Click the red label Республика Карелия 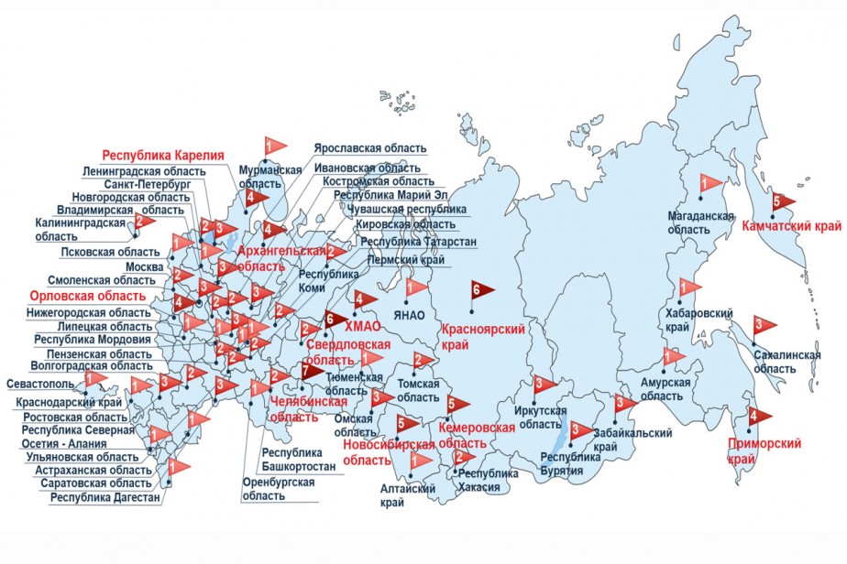163,155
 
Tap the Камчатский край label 791,225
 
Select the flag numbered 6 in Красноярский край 480,291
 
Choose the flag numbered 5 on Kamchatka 782,201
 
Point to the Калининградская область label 80,229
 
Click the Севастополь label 42,383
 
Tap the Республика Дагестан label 105,498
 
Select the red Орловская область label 87,297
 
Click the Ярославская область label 369,147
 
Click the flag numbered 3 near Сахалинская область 763,325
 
